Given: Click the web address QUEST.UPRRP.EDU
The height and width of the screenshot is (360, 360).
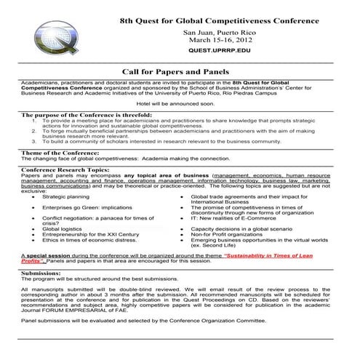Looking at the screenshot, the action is [219, 53].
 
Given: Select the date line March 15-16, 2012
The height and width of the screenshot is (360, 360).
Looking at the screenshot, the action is [219, 41].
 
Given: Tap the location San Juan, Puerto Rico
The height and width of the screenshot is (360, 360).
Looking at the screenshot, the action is [219, 32].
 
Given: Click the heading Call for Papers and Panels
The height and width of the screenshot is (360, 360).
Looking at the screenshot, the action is [177, 71].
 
